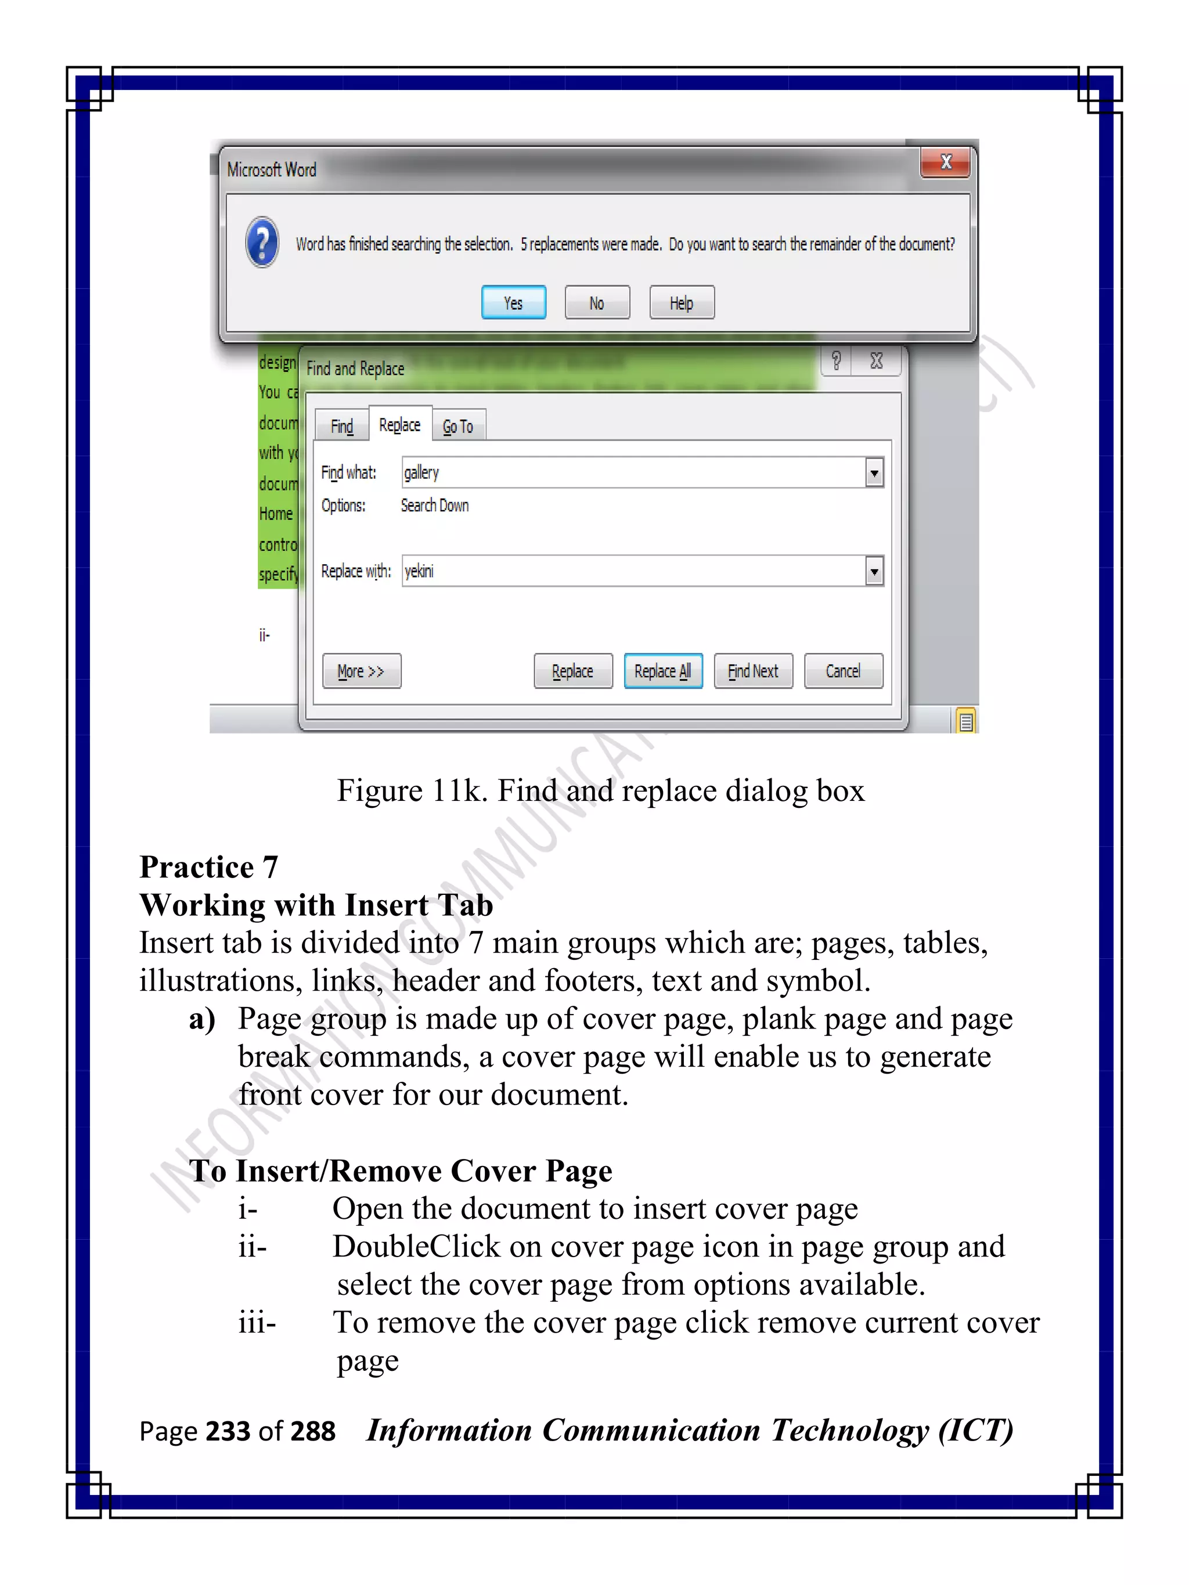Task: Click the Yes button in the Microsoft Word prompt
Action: (513, 302)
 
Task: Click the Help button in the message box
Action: (681, 302)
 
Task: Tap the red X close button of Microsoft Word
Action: (945, 162)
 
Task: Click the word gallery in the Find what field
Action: (421, 472)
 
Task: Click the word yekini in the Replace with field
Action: (419, 571)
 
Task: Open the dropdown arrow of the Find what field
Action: (874, 473)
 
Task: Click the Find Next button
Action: (752, 671)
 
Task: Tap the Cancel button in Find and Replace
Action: (843, 671)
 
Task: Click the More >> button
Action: (361, 671)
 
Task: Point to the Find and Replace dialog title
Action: (355, 369)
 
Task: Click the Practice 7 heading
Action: (208, 867)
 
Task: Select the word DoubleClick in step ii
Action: (416, 1247)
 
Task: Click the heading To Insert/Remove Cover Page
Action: (401, 1171)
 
